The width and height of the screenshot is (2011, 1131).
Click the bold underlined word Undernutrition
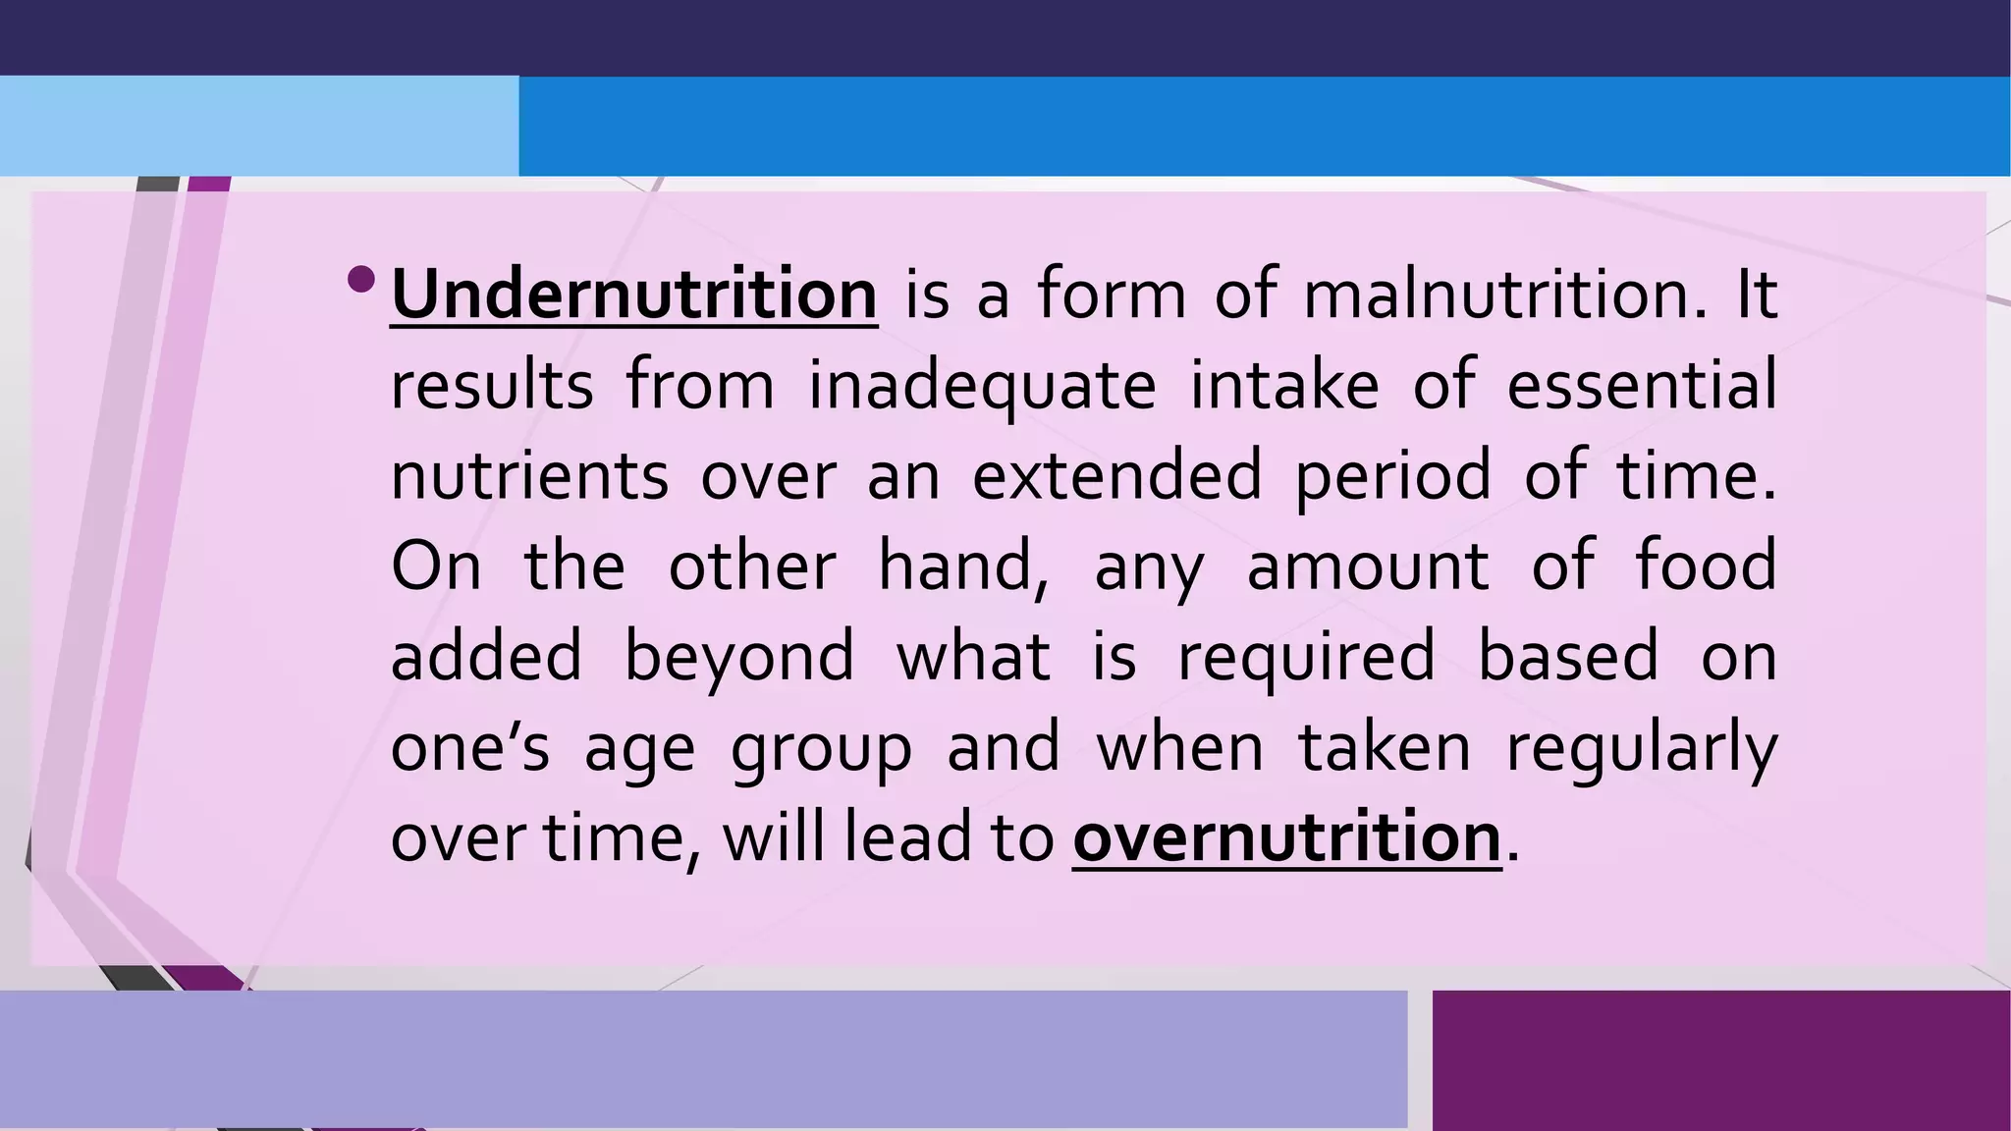pos(633,294)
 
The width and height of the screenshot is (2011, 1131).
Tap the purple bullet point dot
pos(361,280)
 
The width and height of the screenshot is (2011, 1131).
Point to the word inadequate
pos(982,386)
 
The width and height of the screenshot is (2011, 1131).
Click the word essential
pos(1642,384)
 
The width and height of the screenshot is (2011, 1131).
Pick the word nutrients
pos(529,475)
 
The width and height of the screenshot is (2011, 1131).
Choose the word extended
pos(1116,475)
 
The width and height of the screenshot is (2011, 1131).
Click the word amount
pos(1367,566)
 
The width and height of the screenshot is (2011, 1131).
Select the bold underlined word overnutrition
pos(1286,837)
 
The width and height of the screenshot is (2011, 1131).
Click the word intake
pos(1284,384)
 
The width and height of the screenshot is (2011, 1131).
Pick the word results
pos(492,385)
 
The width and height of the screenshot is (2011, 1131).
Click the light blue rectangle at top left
pos(258,126)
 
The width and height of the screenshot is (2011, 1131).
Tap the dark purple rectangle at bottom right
pos(1720,1059)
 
